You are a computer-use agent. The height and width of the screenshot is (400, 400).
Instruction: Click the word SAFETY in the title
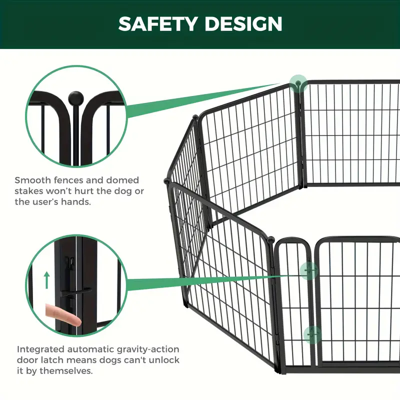click(x=158, y=23)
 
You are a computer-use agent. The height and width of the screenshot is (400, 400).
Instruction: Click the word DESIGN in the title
click(x=243, y=23)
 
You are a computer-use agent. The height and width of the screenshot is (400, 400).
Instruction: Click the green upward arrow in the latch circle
click(x=46, y=280)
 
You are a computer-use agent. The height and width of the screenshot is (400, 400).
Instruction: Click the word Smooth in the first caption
click(x=32, y=180)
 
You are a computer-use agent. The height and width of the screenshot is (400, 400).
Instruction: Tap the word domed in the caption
click(x=122, y=180)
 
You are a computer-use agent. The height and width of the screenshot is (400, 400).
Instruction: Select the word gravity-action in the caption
click(x=148, y=349)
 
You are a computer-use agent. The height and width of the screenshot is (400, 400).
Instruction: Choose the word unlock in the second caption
click(x=164, y=360)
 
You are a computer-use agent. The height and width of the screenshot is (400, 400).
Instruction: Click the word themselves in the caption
click(x=66, y=370)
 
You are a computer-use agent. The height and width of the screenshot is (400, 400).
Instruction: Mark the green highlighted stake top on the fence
click(x=298, y=83)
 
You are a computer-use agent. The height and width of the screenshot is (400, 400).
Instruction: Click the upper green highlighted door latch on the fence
click(x=309, y=270)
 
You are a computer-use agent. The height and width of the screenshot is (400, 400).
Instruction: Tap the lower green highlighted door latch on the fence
click(x=313, y=334)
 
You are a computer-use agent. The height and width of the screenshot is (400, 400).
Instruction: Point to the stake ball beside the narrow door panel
click(x=270, y=240)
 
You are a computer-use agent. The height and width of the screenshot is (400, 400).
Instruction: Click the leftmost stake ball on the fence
click(x=166, y=181)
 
